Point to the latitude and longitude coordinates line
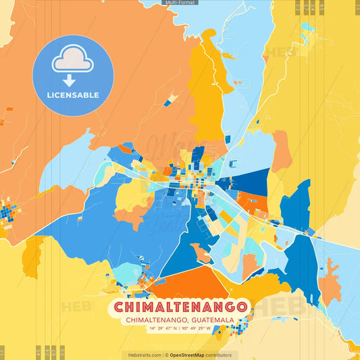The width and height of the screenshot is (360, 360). coord(180,329)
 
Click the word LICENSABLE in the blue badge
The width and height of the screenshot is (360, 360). coord(73,95)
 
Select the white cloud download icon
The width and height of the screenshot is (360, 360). coord(72,61)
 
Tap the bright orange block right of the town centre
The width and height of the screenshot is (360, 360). coord(253,202)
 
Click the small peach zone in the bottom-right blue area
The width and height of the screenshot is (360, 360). coord(329,284)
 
